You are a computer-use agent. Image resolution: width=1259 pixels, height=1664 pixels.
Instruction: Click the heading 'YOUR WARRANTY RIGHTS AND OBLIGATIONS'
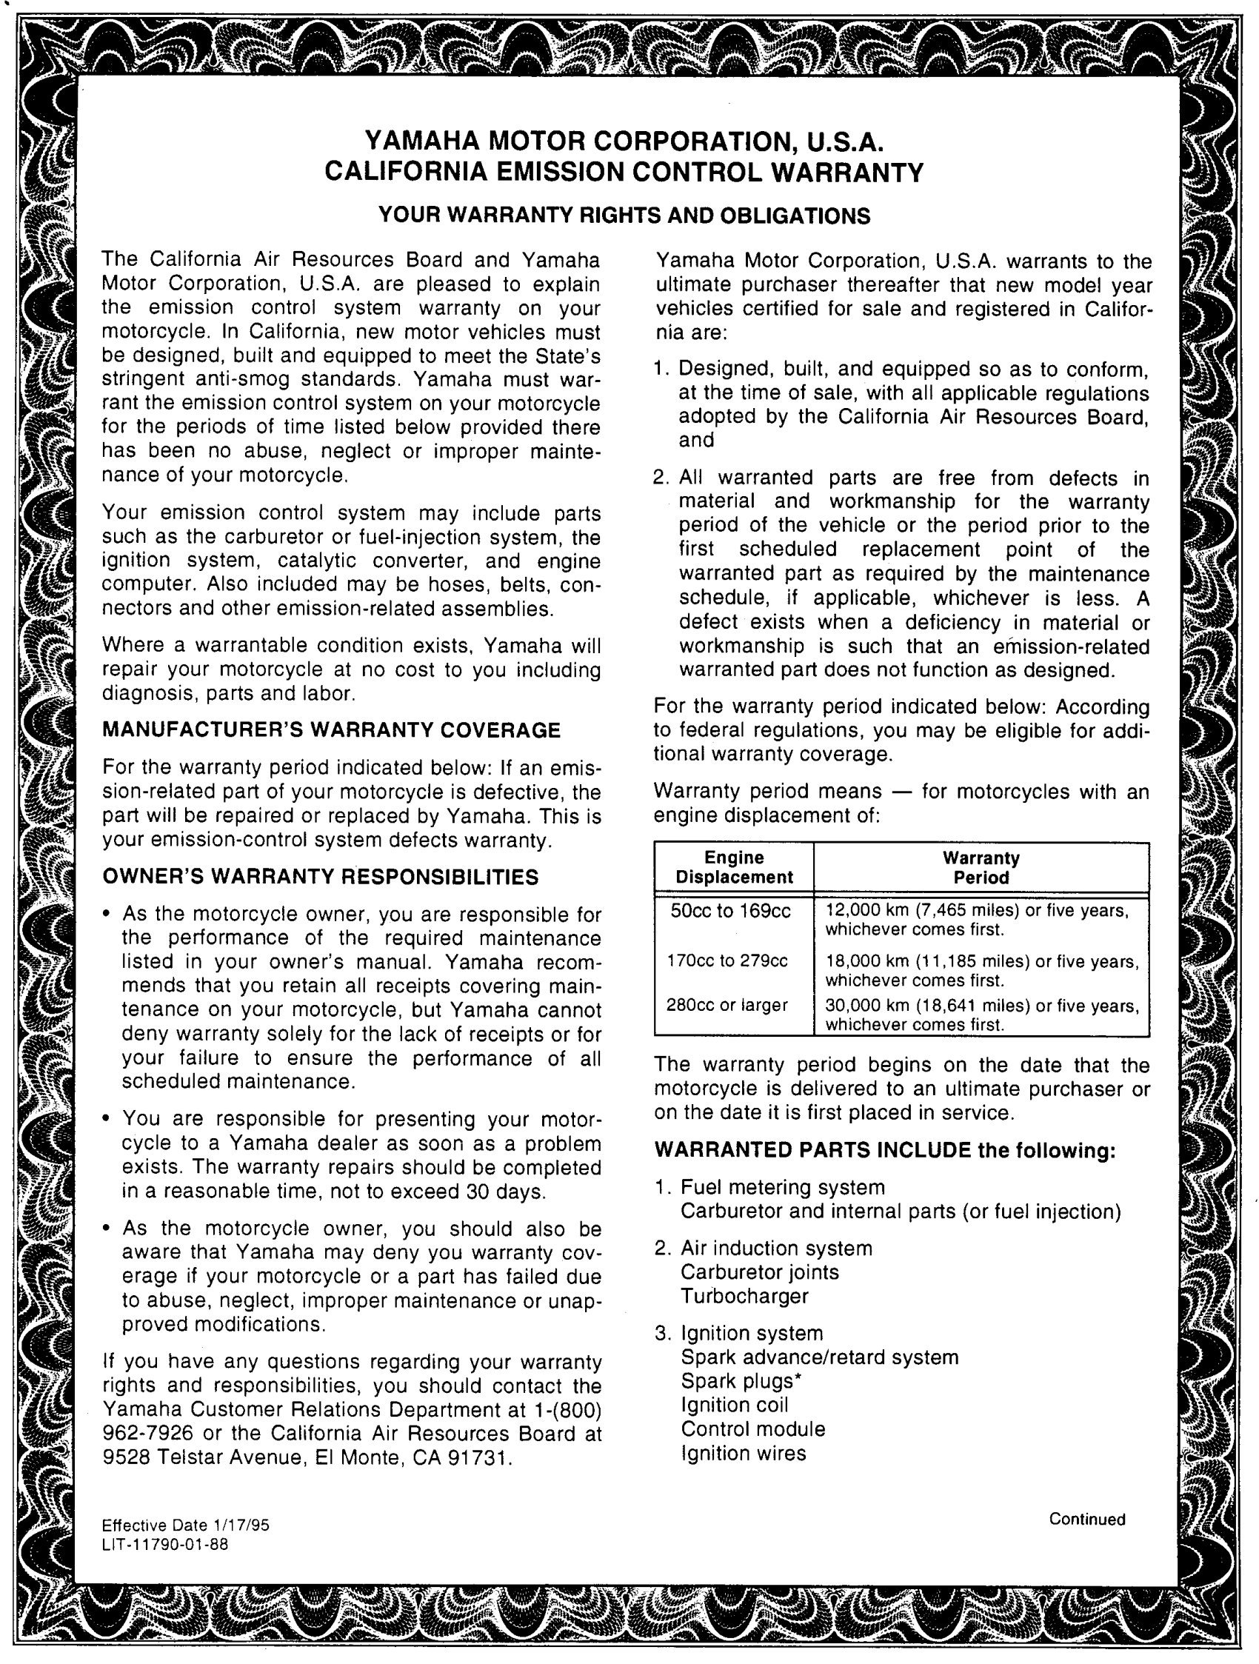624,216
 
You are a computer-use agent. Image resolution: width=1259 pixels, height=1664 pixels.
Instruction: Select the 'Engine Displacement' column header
733,867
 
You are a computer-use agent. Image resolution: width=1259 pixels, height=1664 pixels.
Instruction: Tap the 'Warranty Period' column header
981,867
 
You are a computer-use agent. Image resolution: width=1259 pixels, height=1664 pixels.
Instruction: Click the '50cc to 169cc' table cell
730,911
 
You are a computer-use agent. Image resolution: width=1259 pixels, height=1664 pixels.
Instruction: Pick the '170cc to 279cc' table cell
727,960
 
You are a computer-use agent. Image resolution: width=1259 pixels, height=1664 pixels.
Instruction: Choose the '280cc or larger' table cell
727,1005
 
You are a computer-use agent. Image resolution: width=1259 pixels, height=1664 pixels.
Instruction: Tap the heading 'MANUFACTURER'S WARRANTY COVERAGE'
332,730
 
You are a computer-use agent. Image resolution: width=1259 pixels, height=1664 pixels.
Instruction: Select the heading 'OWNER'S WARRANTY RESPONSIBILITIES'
321,876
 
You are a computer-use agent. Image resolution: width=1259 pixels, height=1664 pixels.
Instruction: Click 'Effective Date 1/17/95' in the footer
185,1525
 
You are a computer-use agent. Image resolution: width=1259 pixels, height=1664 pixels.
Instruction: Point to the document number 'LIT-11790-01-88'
164,1544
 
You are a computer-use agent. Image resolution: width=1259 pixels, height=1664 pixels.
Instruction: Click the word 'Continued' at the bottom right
1086,1519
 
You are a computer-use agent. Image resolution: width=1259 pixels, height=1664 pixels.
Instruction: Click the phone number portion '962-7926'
148,1434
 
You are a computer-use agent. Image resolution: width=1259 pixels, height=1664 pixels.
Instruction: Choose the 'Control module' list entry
753,1429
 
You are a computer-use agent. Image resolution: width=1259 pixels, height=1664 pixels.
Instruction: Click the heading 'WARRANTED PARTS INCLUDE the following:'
884,1150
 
